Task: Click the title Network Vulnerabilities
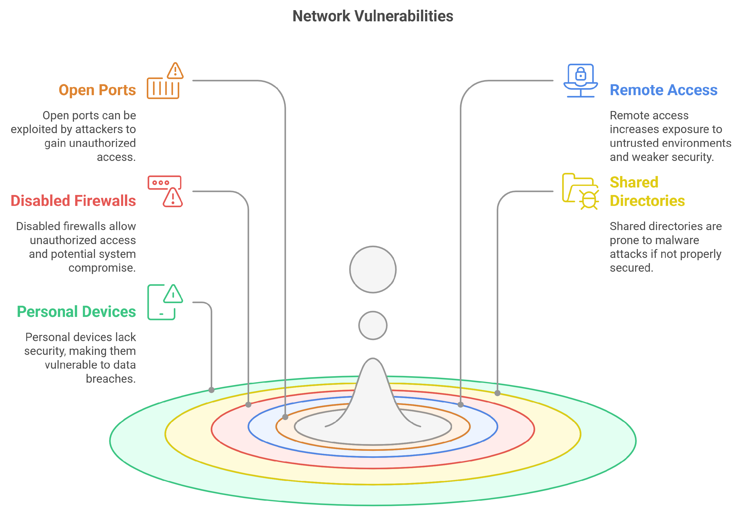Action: coord(373,16)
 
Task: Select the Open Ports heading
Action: coord(97,90)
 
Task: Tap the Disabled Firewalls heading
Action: coord(73,201)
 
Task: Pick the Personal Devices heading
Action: coord(76,311)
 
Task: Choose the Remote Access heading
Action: coord(664,90)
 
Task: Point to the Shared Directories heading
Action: coord(647,191)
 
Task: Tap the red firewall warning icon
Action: coord(165,191)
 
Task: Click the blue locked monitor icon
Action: coord(581,81)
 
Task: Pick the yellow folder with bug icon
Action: coord(580,191)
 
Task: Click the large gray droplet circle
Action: coord(373,269)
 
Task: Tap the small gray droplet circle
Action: coord(373,325)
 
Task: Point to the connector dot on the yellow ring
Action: coord(497,393)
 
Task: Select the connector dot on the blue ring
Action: coord(461,405)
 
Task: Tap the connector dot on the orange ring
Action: coord(285,417)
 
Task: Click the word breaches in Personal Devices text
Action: coord(110,379)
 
